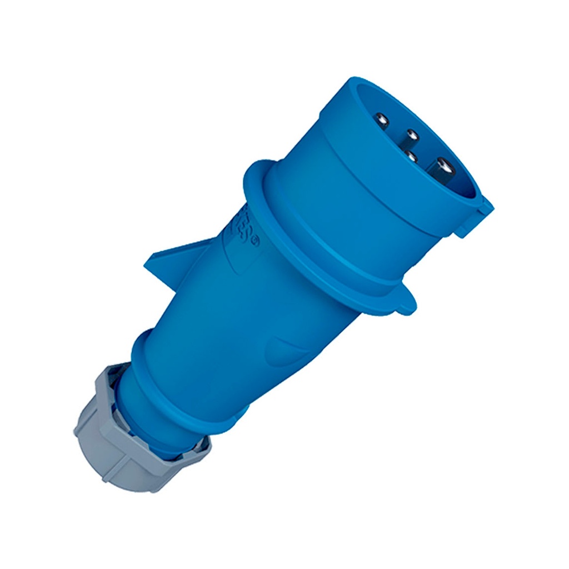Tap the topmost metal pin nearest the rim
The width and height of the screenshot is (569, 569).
(x=382, y=119)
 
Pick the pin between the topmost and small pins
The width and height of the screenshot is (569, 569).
(x=411, y=134)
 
